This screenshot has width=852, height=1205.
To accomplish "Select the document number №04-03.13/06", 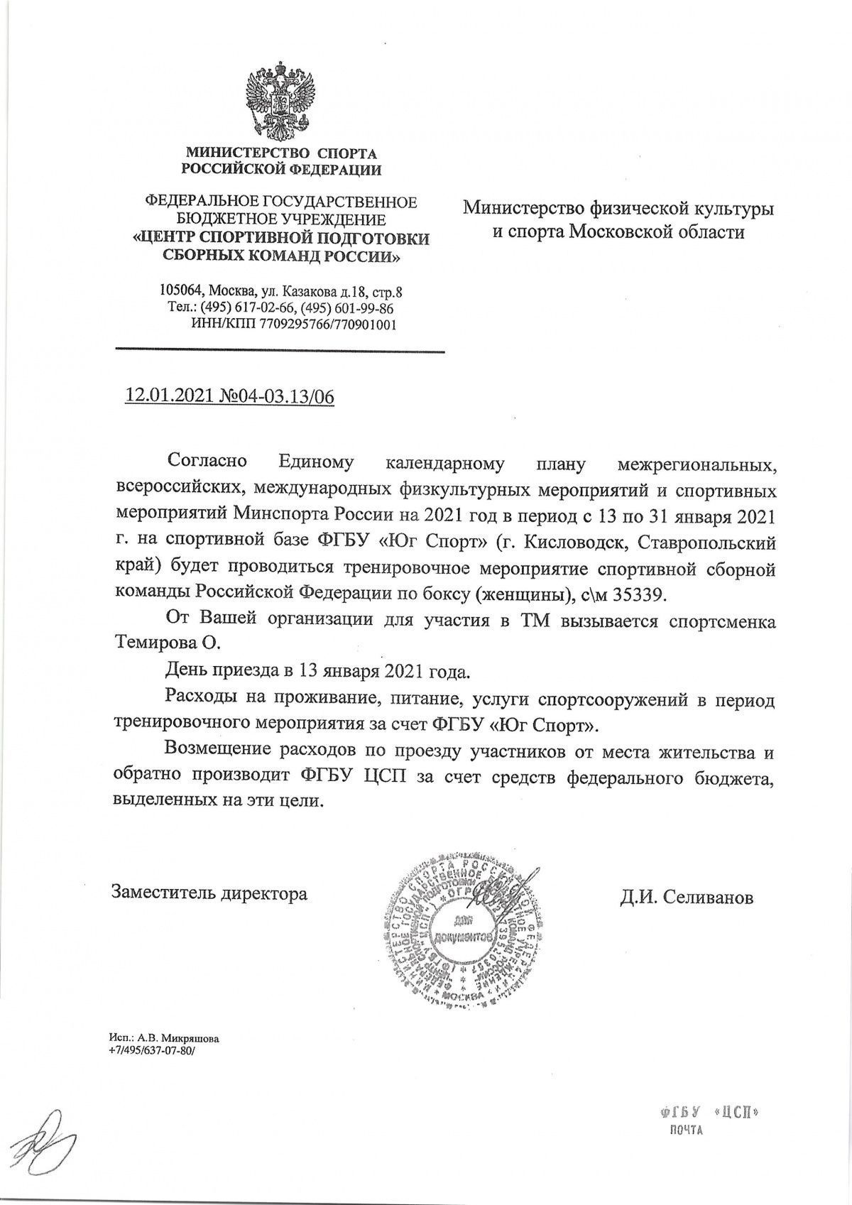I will click(278, 396).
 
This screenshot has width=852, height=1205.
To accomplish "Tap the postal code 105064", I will click(181, 291).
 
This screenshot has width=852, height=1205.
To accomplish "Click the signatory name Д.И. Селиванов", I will click(686, 897).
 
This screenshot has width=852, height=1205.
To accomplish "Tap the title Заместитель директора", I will click(209, 893).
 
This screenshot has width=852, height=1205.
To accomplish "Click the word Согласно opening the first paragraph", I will click(207, 462).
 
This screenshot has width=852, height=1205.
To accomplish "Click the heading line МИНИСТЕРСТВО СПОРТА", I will click(281, 153).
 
